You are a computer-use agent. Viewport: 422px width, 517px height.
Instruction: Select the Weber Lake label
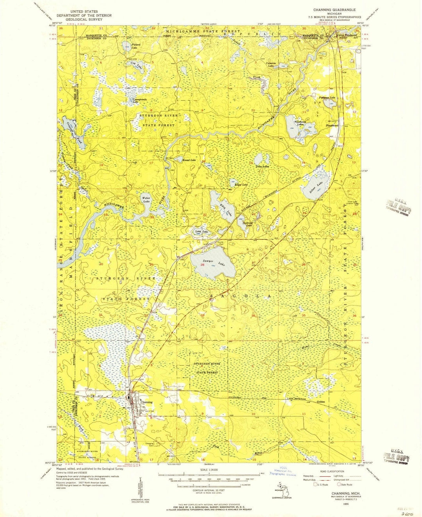click(x=146, y=200)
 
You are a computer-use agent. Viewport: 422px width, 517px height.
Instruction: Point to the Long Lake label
click(x=202, y=232)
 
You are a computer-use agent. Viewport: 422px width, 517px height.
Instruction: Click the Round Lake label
click(x=189, y=160)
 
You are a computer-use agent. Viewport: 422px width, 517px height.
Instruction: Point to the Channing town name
click(x=146, y=402)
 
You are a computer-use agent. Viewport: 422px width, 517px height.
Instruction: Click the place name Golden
click(x=321, y=401)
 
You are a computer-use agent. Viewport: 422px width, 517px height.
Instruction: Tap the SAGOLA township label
click(x=240, y=296)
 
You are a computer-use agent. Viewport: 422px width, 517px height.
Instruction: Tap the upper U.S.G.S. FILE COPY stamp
click(x=397, y=205)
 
